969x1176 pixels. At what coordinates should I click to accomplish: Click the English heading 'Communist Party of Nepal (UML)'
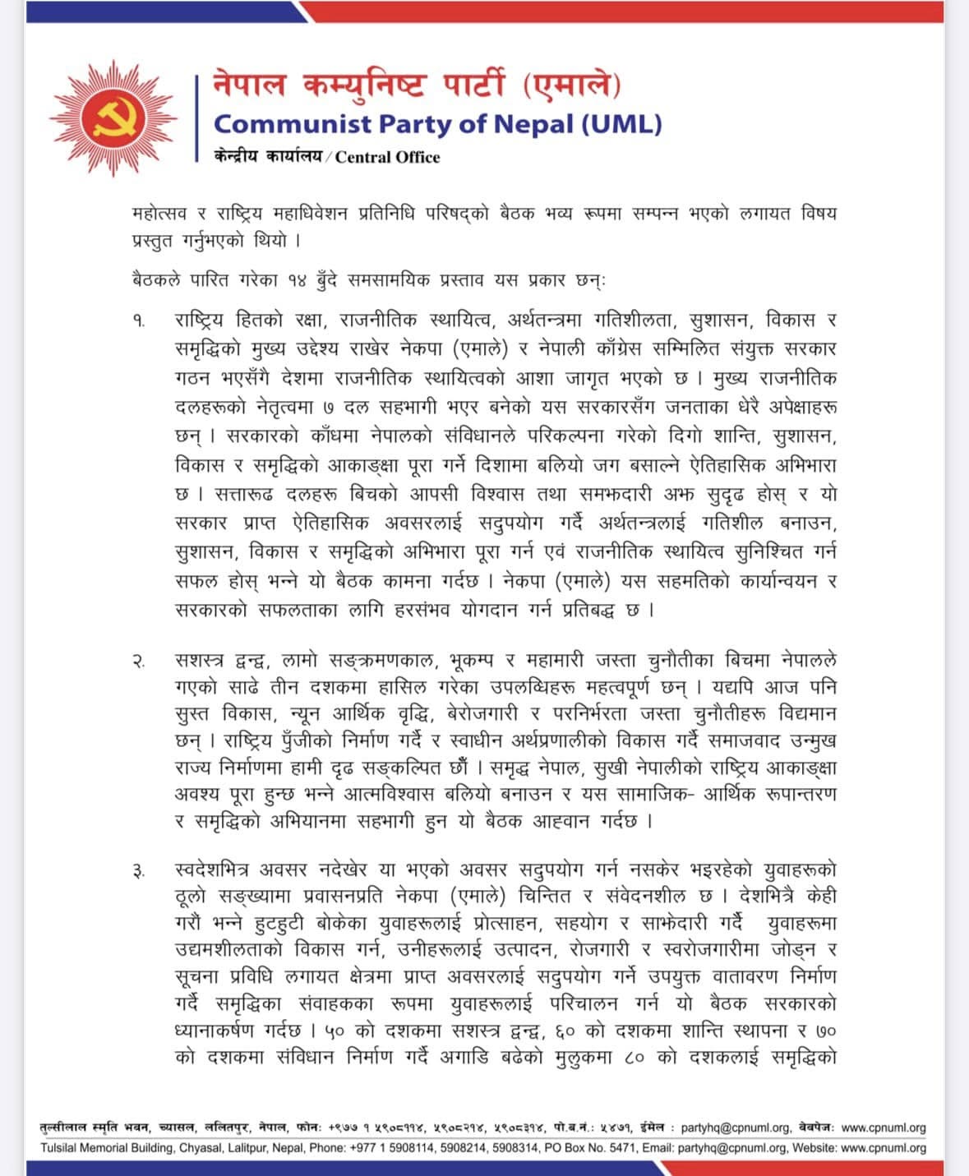pos(437,124)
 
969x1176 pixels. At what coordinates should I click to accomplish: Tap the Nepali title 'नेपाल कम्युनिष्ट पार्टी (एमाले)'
pos(417,85)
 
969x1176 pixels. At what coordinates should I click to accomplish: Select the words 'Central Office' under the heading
pos(387,157)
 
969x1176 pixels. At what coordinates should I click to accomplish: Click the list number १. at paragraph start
pos(139,321)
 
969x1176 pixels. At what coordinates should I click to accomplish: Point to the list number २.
pos(139,661)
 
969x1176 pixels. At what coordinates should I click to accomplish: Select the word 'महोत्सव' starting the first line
pos(159,214)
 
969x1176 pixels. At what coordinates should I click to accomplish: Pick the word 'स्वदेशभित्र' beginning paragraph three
pos(213,869)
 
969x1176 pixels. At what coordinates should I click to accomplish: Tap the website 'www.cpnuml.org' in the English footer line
pos(884,1148)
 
